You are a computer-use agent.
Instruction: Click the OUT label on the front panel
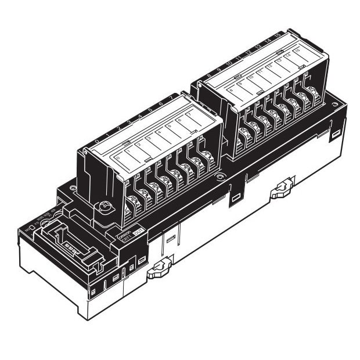click(138, 231)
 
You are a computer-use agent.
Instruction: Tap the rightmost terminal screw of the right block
click(313, 91)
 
